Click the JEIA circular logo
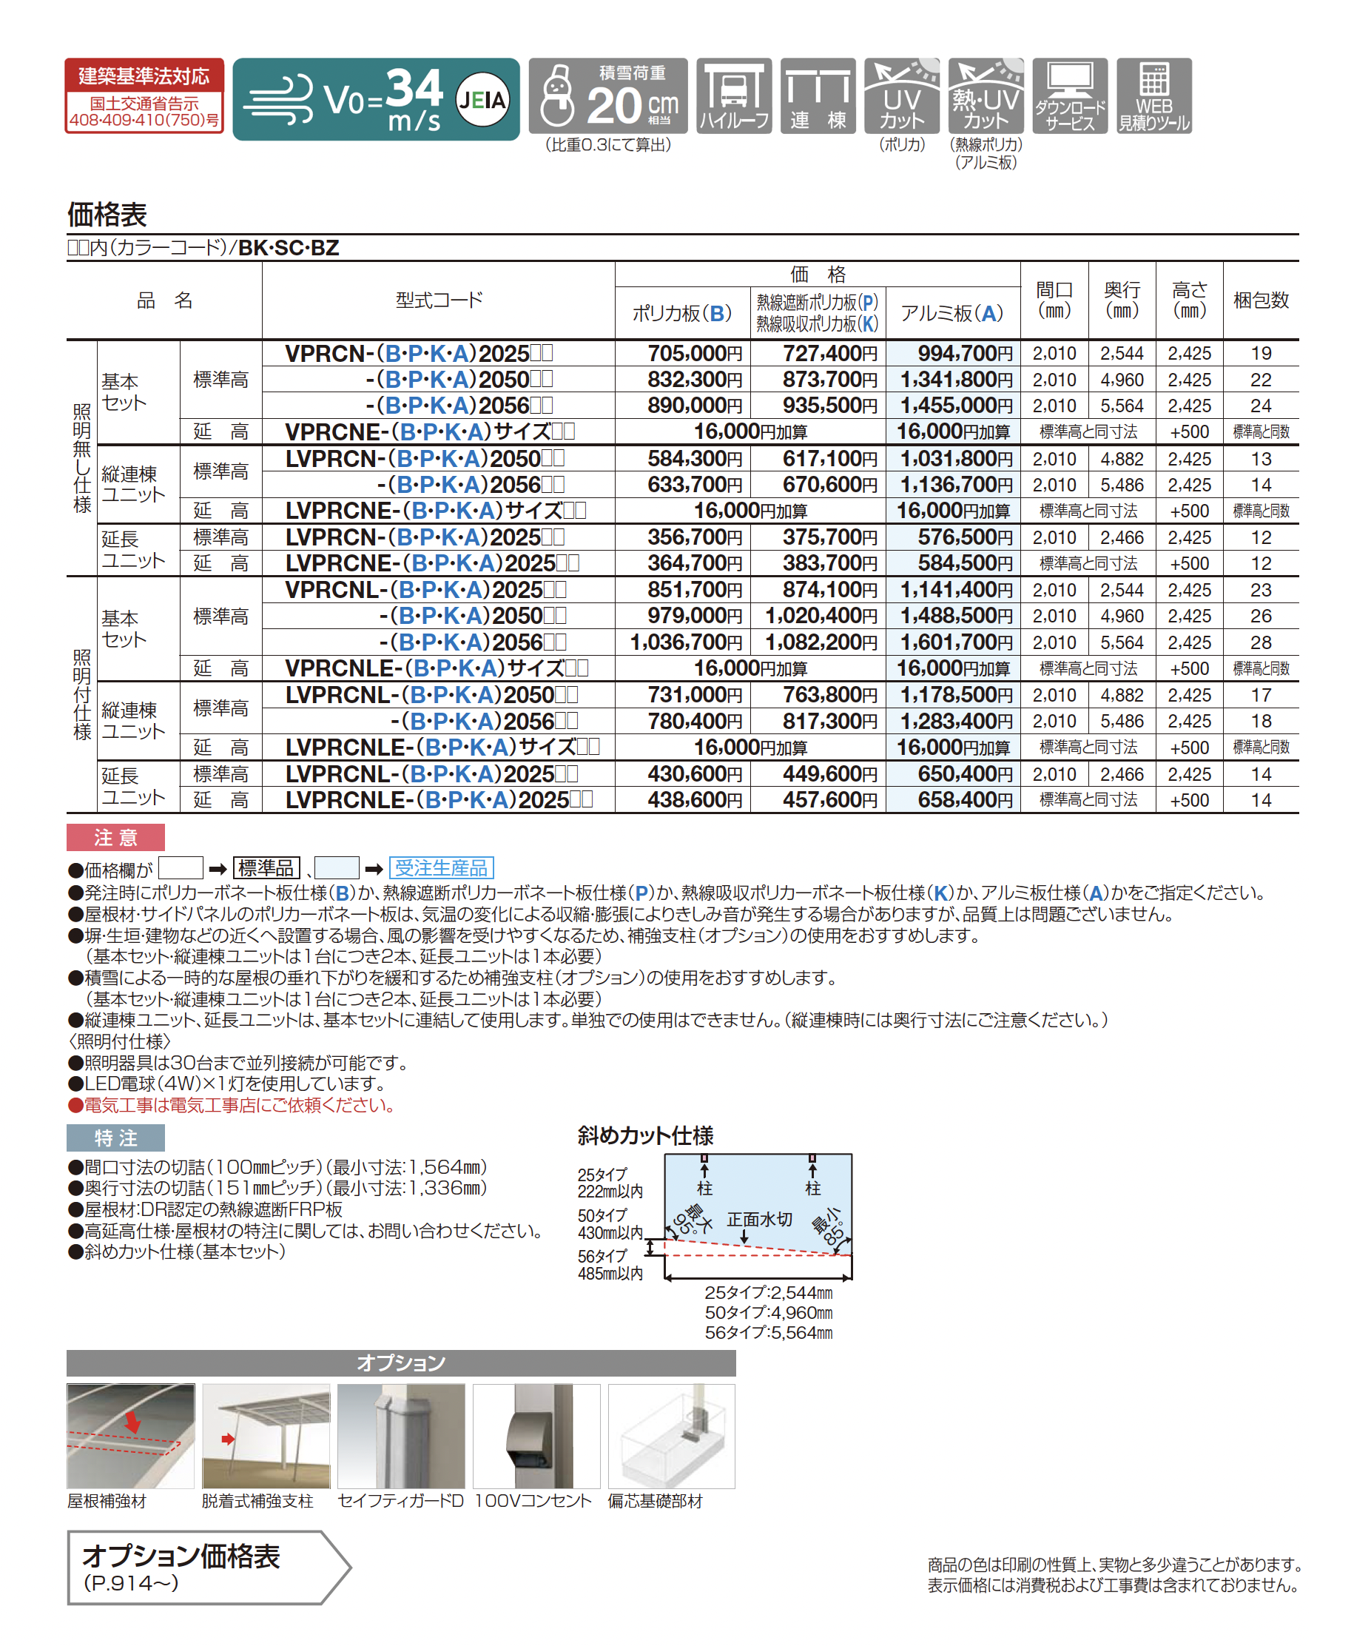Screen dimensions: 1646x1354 481,100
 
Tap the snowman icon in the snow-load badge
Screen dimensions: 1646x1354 557,96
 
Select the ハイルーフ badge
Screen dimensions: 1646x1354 733,96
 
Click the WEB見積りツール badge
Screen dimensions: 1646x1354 1153,96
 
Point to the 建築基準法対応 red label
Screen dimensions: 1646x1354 144,75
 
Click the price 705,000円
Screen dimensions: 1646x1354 694,353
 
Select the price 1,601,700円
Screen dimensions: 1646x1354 956,642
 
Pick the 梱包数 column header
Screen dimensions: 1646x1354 1261,300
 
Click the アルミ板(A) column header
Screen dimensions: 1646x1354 951,314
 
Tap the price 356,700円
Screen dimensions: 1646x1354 694,537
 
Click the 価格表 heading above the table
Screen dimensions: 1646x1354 107,214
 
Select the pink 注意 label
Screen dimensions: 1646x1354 115,837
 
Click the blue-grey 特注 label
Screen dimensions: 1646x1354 115,1138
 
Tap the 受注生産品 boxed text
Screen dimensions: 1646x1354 441,867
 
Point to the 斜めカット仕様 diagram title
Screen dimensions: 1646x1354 645,1136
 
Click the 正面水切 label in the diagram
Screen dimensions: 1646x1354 759,1219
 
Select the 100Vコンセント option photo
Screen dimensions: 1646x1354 536,1436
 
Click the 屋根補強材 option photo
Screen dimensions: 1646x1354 130,1436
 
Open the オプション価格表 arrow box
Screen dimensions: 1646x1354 206,1568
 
